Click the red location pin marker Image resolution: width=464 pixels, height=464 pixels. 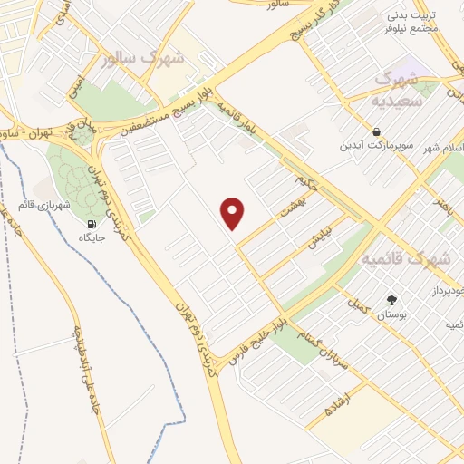234,212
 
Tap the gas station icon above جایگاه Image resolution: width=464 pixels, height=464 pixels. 91,224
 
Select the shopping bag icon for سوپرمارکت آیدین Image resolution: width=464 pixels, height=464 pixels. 376,130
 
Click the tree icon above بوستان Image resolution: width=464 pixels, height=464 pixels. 391,300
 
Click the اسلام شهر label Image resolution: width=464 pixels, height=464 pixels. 447,147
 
